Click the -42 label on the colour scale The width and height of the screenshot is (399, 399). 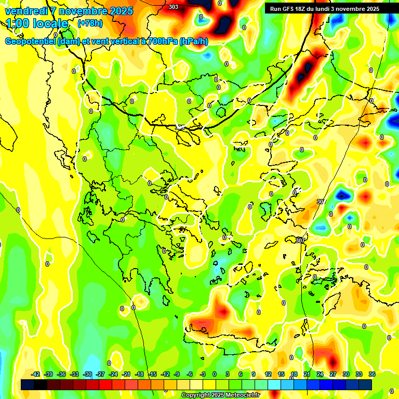pos(36,374)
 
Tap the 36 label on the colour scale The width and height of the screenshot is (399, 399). pos(372,374)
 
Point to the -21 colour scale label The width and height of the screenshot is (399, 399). pos(126,374)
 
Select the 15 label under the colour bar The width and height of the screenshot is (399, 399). pos(281,374)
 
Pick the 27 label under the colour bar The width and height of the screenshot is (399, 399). pos(333,374)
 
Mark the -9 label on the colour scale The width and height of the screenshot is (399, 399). pos(177,374)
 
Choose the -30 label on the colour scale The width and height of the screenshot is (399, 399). pos(87,374)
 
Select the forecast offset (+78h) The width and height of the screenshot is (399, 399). pos(89,23)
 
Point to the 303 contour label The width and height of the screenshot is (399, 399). pos(174,7)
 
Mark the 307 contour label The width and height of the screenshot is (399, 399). pos(300,240)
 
